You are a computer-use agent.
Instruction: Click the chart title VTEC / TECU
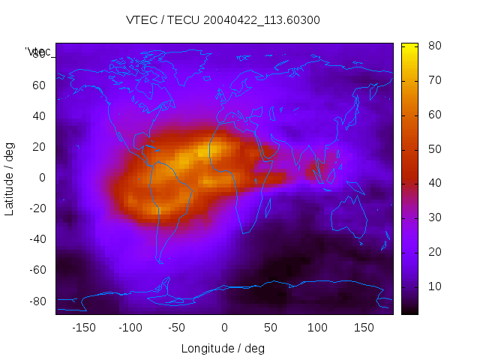tap(223, 20)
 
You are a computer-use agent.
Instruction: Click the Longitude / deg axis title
tap(223, 348)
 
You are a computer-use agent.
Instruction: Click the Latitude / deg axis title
tap(10, 177)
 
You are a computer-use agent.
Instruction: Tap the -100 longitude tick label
tap(130, 327)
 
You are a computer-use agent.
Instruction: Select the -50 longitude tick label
tap(177, 327)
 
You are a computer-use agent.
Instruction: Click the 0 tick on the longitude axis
tap(224, 327)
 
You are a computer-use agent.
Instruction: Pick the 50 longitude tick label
tap(271, 327)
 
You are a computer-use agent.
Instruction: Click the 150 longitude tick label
tap(364, 327)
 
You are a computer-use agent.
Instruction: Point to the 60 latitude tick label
tap(39, 85)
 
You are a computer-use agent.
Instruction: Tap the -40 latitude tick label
tap(37, 239)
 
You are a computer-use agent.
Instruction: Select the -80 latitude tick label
tap(37, 301)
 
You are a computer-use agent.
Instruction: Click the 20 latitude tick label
tap(39, 146)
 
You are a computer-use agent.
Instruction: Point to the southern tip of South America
tap(160, 261)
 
